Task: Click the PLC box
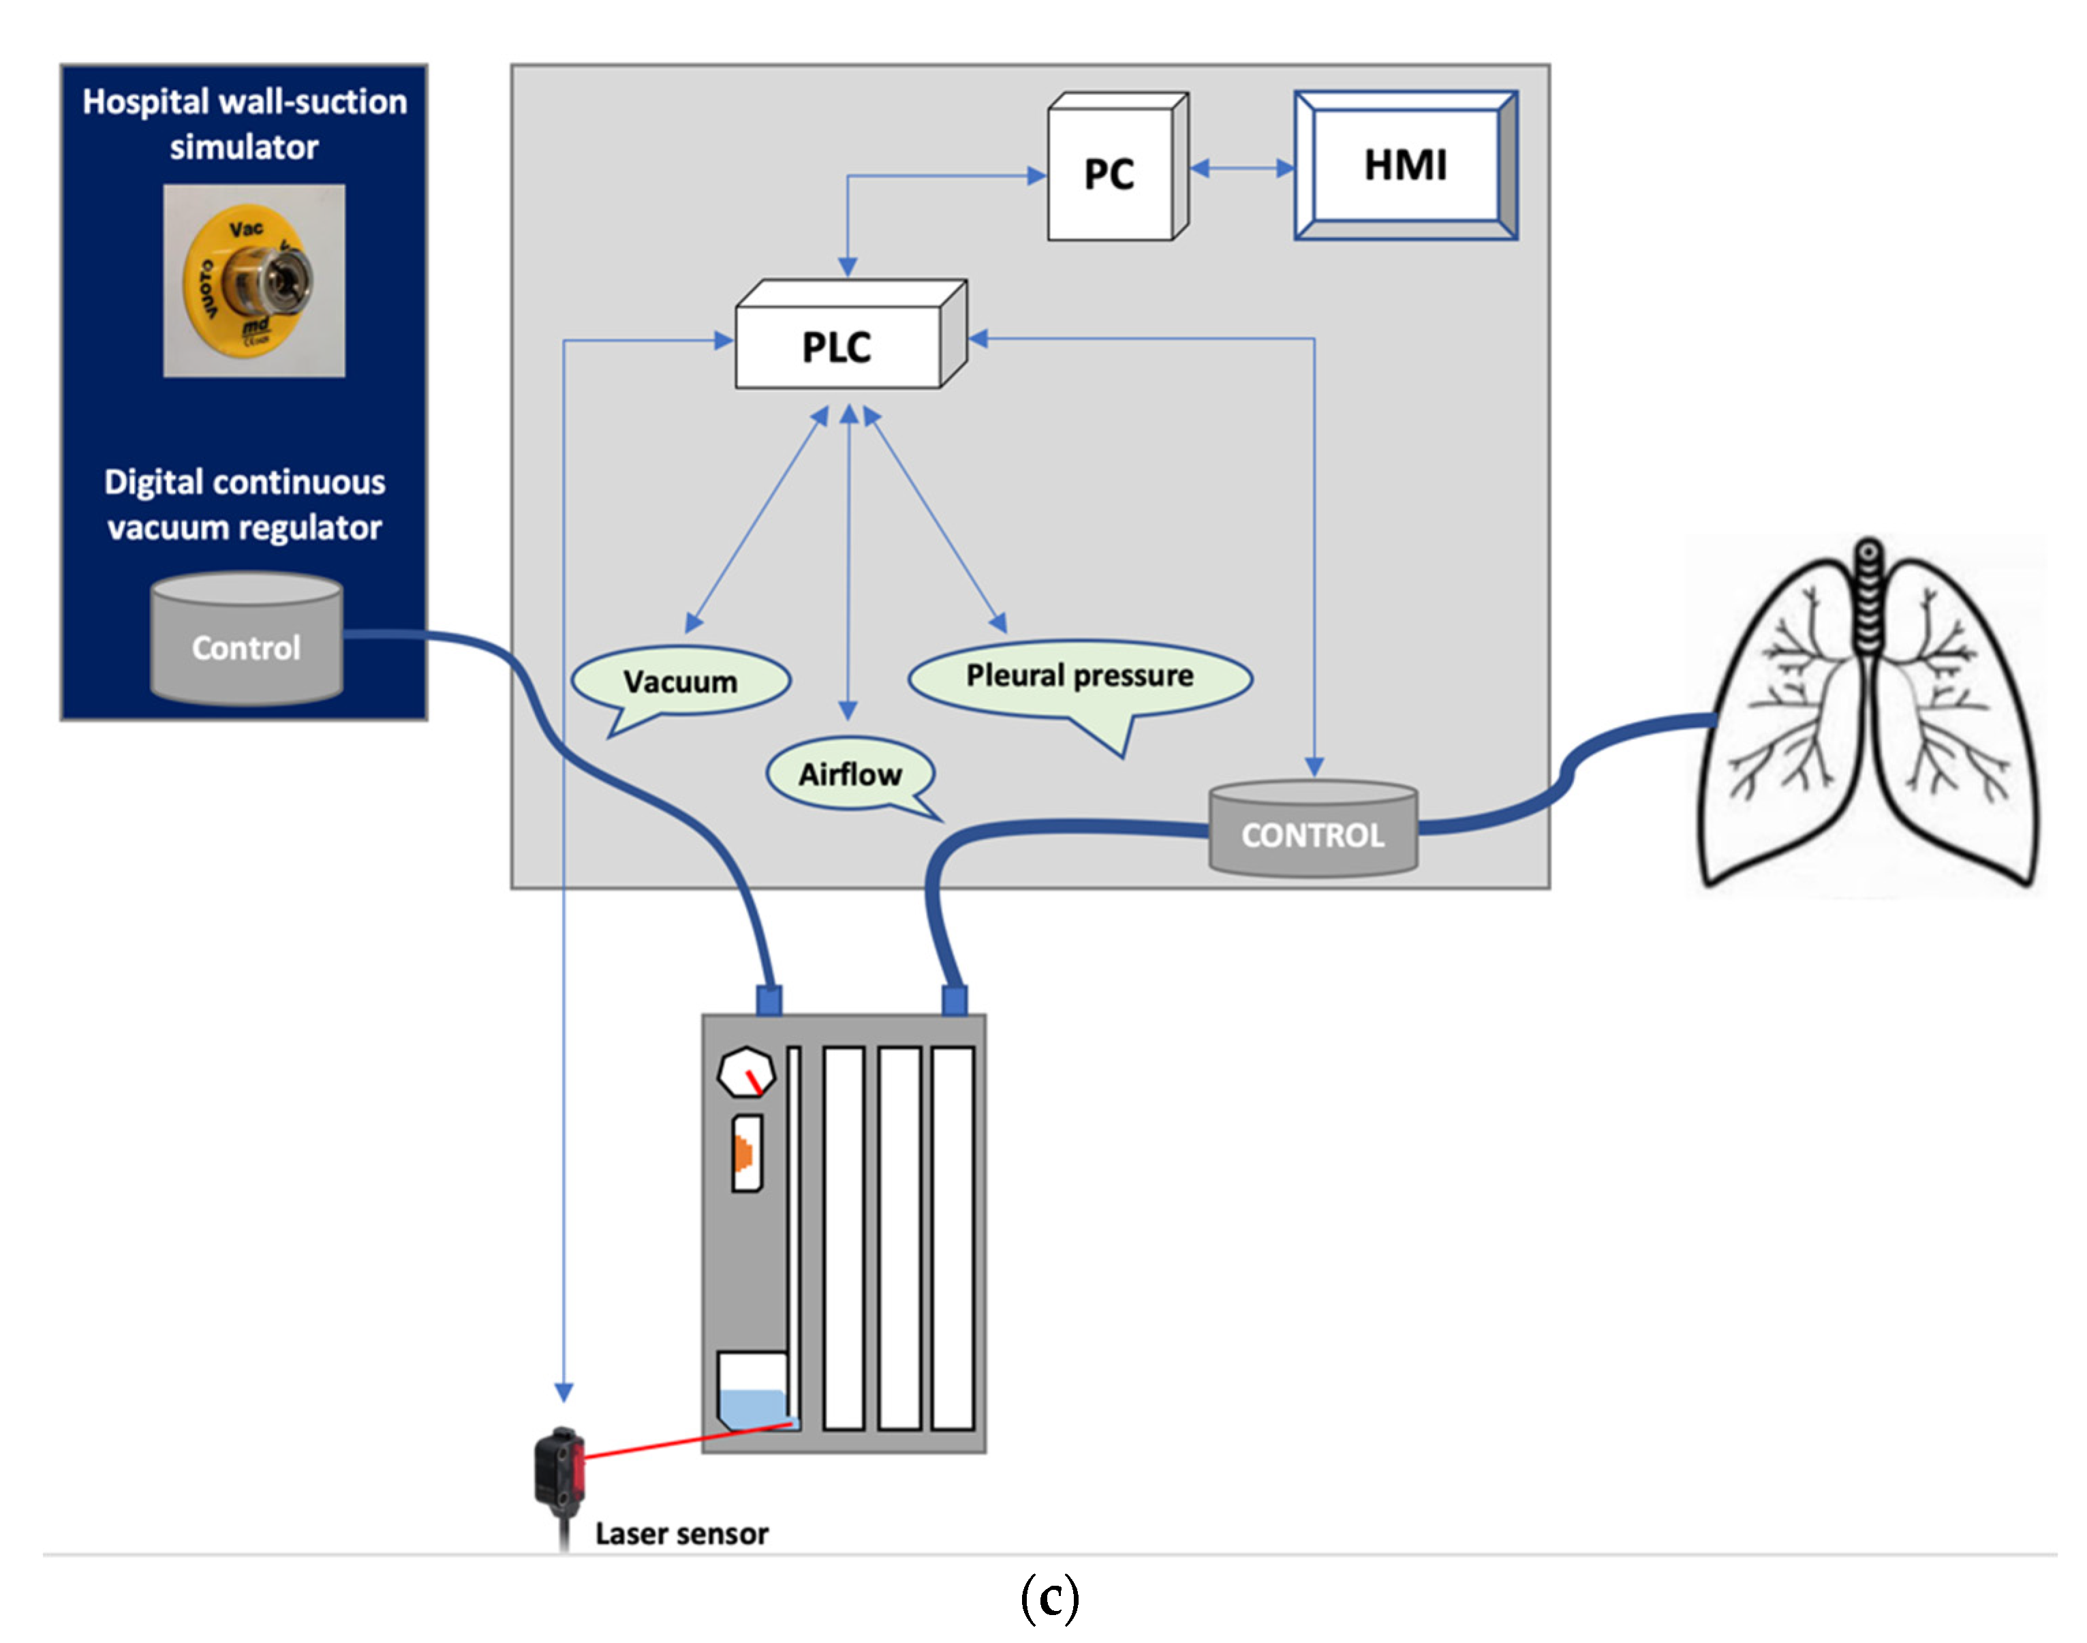(837, 346)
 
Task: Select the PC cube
(1111, 173)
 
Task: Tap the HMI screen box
(1405, 166)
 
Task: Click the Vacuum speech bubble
(681, 681)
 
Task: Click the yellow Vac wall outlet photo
(254, 280)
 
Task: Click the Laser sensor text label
(681, 1533)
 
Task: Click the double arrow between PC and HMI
(1241, 168)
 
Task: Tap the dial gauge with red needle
(746, 1072)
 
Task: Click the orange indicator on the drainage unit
(743, 1152)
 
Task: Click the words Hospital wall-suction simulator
(245, 124)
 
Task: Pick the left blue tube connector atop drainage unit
(769, 1000)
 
